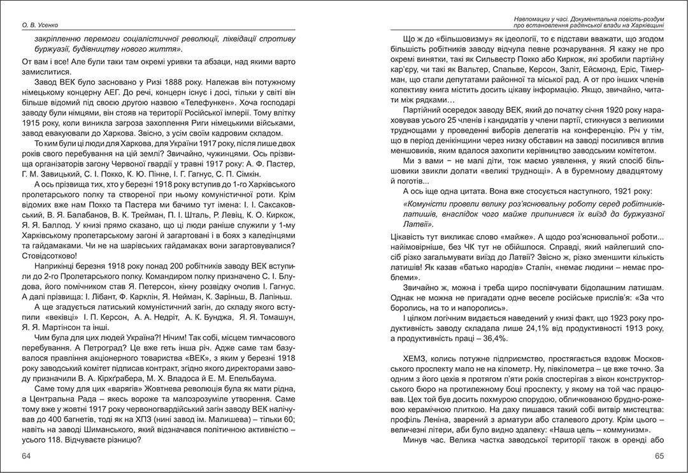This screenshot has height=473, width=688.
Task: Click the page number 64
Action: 26,456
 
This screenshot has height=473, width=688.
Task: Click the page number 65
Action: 659,456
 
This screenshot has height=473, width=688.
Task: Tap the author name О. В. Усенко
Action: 41,25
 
